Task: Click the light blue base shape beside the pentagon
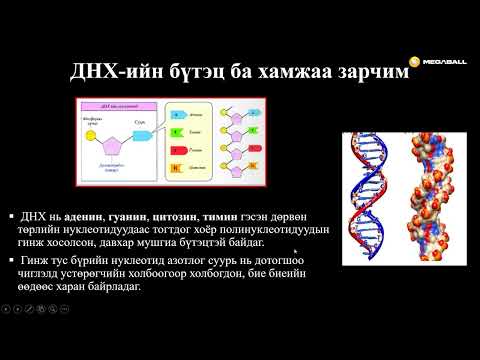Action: point(142,130)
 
